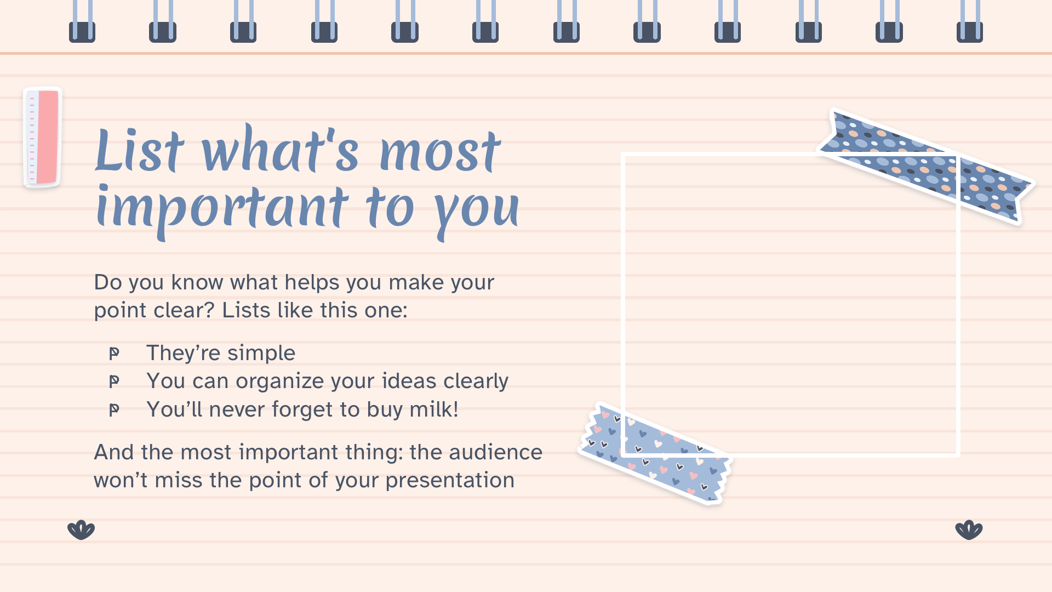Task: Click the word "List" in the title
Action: click(140, 149)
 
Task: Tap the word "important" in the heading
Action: click(222, 209)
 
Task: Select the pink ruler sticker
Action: click(42, 137)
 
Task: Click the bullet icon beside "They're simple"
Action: click(114, 354)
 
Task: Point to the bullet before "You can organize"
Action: click(114, 382)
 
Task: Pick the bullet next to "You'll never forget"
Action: click(114, 410)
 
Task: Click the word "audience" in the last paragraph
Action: click(495, 452)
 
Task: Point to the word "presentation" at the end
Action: click(450, 481)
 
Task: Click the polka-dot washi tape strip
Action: click(926, 166)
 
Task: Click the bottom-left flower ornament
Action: click(81, 530)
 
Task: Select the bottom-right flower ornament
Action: click(969, 530)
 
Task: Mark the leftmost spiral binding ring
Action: click(82, 21)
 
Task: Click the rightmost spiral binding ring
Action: click(970, 21)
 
